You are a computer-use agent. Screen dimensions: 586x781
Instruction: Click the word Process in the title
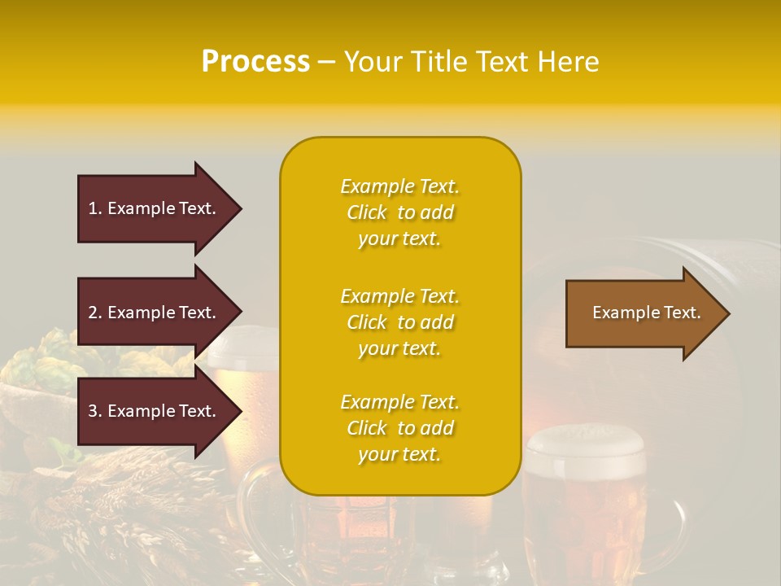point(255,62)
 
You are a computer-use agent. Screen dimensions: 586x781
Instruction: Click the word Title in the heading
point(436,62)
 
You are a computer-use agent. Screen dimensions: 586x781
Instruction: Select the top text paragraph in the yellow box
point(399,212)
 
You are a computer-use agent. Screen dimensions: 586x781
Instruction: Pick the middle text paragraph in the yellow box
point(399,322)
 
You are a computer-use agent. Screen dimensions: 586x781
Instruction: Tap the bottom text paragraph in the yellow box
point(399,428)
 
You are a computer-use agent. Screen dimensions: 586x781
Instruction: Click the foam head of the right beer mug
point(585,444)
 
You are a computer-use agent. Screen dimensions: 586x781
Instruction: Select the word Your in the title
point(373,62)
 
